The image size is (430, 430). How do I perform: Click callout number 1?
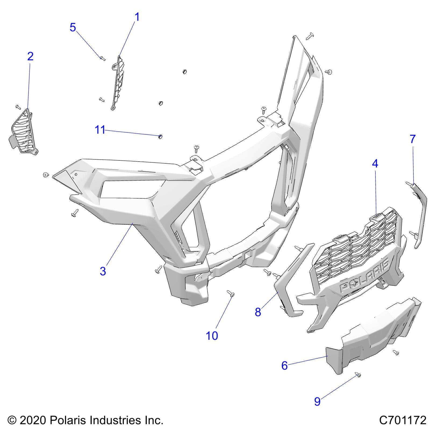(x=137, y=17)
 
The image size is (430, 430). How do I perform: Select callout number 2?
(x=30, y=56)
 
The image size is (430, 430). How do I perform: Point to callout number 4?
(x=375, y=163)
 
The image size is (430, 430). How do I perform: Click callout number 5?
(x=73, y=27)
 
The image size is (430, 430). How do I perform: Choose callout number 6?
(x=284, y=365)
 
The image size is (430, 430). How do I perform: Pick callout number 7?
(x=413, y=139)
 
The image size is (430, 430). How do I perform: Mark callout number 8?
(x=258, y=312)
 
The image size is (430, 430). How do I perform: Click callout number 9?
(x=317, y=402)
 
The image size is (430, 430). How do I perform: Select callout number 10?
(x=212, y=336)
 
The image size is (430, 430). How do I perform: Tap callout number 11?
(x=100, y=130)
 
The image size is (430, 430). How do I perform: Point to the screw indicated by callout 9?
(x=358, y=374)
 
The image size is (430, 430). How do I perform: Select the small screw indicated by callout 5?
(x=102, y=58)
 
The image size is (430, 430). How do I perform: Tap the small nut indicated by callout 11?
(x=160, y=137)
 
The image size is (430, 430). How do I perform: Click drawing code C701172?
(x=403, y=420)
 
